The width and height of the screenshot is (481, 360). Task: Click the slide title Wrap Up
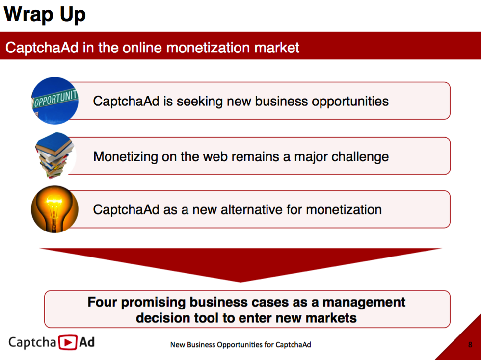tap(45, 15)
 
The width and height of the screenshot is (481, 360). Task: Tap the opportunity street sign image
tap(55, 101)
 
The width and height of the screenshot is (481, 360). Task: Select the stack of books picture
tap(55, 155)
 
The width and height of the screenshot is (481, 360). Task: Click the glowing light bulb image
tap(55, 209)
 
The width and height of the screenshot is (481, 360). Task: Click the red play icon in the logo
tap(68, 342)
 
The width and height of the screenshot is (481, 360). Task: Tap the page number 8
tap(470, 345)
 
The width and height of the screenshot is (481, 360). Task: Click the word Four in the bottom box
tap(103, 302)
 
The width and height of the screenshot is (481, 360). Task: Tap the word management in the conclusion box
tap(364, 303)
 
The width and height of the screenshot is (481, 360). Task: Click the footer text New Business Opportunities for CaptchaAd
tap(240, 345)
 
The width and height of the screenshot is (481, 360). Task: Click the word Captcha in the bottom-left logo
tap(32, 342)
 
